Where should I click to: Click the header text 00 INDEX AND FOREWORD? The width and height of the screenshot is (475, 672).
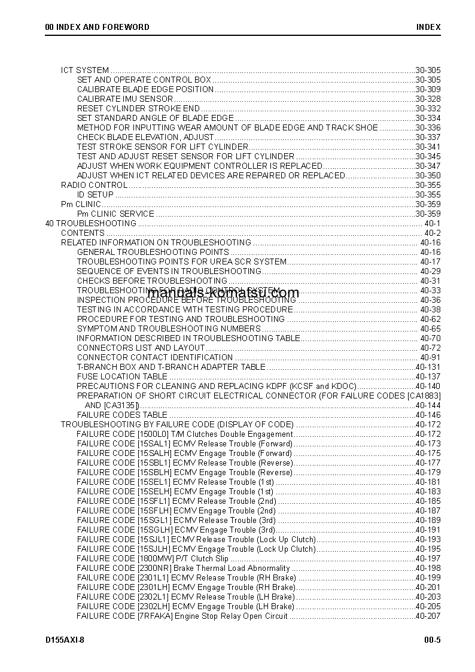[x=98, y=27]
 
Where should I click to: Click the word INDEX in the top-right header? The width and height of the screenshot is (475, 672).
[x=428, y=27]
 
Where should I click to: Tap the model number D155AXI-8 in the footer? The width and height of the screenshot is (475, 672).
[x=65, y=640]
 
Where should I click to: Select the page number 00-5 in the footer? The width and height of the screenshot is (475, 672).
[x=429, y=640]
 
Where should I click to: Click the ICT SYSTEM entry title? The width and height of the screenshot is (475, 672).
[x=85, y=70]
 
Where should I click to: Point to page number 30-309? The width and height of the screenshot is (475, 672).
[x=428, y=89]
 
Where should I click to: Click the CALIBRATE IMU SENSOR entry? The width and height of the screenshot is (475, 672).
[x=125, y=99]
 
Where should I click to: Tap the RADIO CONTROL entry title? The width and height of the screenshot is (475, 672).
[x=94, y=185]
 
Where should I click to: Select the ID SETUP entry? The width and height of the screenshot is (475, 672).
[x=95, y=194]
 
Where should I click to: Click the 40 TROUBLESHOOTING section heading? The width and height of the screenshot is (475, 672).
[x=91, y=223]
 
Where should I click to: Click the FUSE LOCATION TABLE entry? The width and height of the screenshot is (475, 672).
[x=122, y=376]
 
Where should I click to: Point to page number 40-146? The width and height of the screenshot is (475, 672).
[x=428, y=415]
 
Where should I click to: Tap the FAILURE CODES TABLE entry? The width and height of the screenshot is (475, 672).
[x=122, y=415]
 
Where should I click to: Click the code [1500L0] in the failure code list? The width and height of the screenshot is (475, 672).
[x=153, y=434]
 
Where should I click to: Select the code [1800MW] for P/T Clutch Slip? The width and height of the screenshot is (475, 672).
[x=155, y=558]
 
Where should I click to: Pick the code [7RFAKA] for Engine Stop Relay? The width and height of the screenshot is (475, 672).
[x=155, y=616]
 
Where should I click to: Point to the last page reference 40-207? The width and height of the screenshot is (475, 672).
[x=428, y=616]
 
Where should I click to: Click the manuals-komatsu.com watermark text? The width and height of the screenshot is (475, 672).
[x=223, y=293]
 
